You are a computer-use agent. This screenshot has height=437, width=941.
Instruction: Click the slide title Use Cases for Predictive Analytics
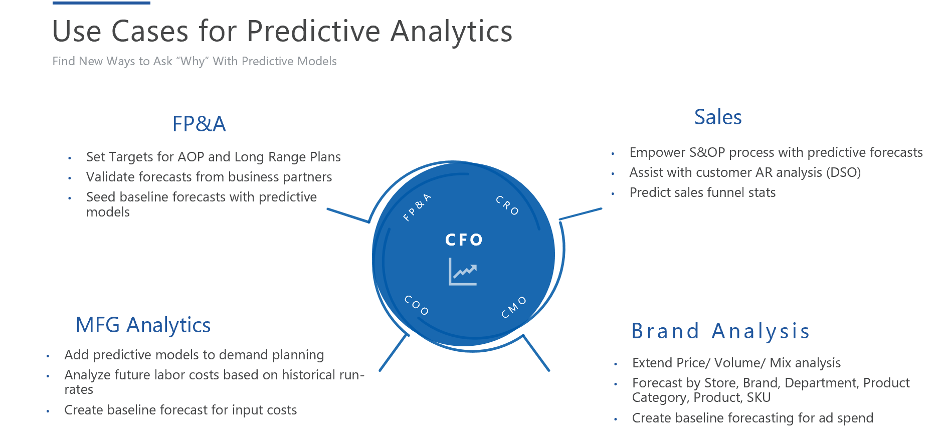point(282,31)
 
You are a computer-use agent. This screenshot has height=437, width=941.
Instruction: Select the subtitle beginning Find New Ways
point(195,61)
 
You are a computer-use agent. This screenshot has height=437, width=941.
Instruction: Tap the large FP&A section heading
point(199,124)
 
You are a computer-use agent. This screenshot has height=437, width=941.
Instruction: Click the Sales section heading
point(718,117)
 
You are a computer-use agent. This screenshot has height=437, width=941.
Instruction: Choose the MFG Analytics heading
point(143,325)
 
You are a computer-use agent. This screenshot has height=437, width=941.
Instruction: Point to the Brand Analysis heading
point(720,331)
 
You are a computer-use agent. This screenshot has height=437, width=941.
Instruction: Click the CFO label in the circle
point(464,240)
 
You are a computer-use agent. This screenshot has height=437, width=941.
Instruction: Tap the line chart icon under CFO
point(463,272)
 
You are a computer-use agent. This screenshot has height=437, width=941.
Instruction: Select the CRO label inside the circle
point(507,205)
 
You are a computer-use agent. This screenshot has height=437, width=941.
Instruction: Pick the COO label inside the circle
point(417,305)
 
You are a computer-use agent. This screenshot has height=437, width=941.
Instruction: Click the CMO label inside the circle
point(514,307)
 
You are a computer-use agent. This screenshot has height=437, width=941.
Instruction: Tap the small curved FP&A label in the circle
point(417,207)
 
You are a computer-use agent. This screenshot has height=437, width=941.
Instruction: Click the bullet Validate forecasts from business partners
point(209,177)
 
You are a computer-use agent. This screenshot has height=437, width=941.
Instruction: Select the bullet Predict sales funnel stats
point(702,192)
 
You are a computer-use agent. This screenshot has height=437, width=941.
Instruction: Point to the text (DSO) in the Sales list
point(844,172)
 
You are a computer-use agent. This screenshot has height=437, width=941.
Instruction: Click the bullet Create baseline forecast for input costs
point(180,410)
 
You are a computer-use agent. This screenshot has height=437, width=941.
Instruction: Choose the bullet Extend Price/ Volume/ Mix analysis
point(736,363)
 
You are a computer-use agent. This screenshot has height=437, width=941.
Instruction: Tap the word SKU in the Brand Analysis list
point(759,397)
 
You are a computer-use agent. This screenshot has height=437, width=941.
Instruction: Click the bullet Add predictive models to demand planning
point(194,355)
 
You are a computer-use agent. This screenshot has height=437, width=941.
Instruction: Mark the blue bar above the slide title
point(101,3)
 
